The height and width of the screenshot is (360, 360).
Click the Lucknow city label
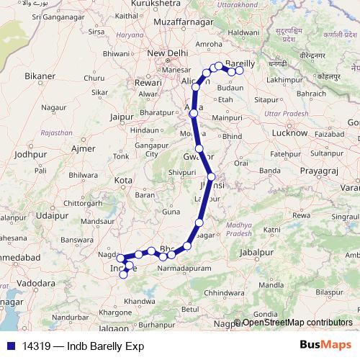[292, 134]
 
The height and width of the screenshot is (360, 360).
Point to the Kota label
[125, 179]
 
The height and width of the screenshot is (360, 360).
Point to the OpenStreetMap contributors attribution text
[297, 323]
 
